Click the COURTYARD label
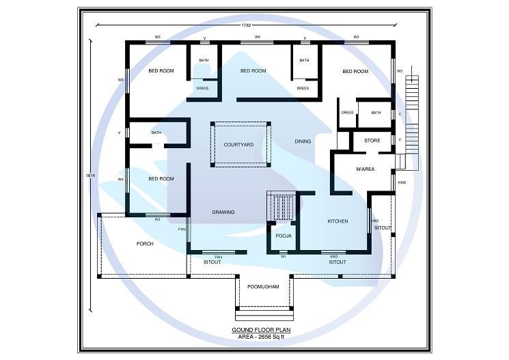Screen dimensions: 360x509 238,145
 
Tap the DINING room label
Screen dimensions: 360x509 303,141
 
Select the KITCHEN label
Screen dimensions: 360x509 338,221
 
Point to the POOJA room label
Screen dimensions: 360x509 283,236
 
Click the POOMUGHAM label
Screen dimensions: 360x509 263,287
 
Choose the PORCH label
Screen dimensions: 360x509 145,244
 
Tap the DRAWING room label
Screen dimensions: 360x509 223,212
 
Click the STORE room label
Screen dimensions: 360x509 372,141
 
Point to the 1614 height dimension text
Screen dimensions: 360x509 90,176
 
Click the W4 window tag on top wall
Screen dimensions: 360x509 258,37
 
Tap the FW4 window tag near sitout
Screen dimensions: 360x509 219,257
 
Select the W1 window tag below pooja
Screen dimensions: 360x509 283,257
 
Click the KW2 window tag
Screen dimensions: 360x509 402,182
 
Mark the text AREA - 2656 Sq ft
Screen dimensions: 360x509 263,337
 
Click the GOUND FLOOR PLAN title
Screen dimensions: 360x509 263,330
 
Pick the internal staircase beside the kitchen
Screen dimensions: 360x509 281,206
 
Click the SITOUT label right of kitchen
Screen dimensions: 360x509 383,227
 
